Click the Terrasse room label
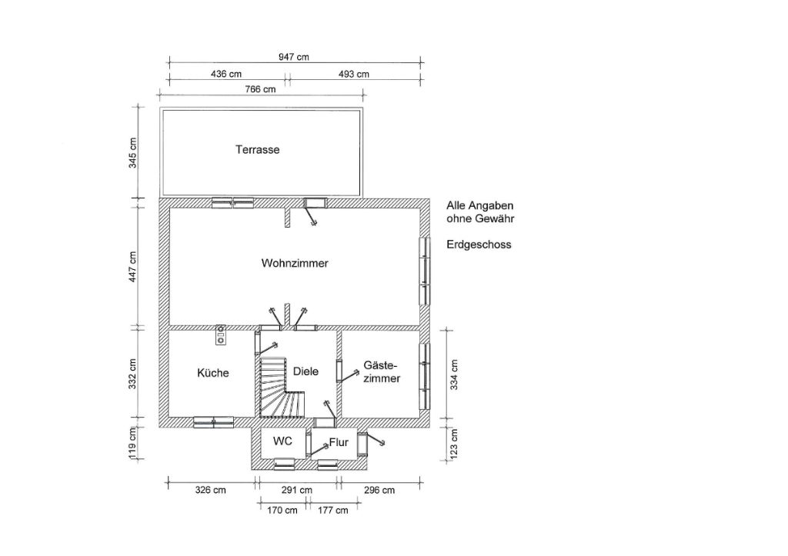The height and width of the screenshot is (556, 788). [257, 150]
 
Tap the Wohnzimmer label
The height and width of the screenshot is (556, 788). [295, 263]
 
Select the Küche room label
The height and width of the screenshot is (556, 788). [212, 373]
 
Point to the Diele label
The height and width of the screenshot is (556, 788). [306, 371]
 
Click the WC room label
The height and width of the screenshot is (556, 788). [282, 441]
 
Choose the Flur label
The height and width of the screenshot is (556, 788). [339, 442]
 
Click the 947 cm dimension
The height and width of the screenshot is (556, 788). [294, 57]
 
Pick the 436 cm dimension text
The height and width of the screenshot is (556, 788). [226, 74]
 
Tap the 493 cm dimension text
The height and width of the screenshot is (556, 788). [354, 74]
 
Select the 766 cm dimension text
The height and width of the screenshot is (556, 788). [260, 89]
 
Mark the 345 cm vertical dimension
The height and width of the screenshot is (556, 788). [132, 153]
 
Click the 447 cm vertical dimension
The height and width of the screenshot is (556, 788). [132, 267]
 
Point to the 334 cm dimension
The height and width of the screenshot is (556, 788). [454, 375]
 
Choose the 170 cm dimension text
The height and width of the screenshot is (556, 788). [282, 511]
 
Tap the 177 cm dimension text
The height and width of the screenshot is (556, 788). [332, 511]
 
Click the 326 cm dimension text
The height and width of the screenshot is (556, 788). [211, 490]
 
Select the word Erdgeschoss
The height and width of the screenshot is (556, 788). [479, 245]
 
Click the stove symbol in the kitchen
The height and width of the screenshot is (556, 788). [221, 335]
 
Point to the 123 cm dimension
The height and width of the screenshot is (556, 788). [454, 444]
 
